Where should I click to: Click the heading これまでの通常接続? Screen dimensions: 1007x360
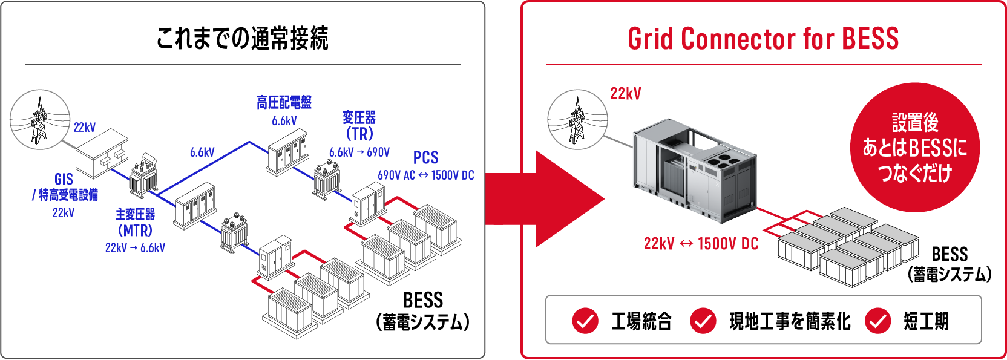242,38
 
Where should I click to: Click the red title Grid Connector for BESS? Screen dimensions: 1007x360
763,39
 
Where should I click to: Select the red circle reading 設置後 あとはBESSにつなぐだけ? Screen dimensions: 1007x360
915,148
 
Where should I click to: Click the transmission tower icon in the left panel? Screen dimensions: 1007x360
40,120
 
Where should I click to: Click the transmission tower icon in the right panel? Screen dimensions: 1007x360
578,120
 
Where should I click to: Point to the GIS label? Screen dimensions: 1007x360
64,179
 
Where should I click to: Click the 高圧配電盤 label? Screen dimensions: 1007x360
284,102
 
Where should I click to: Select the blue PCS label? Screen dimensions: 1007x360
425,158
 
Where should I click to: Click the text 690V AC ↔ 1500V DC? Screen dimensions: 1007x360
425,175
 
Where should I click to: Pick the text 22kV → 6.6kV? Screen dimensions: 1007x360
136,247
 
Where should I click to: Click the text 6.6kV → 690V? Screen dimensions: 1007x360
359,152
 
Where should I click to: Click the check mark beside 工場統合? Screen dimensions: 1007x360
585,321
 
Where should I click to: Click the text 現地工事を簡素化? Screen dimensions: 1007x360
790,321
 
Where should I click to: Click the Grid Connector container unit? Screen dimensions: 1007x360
695,171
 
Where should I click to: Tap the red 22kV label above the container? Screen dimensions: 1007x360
626,94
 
